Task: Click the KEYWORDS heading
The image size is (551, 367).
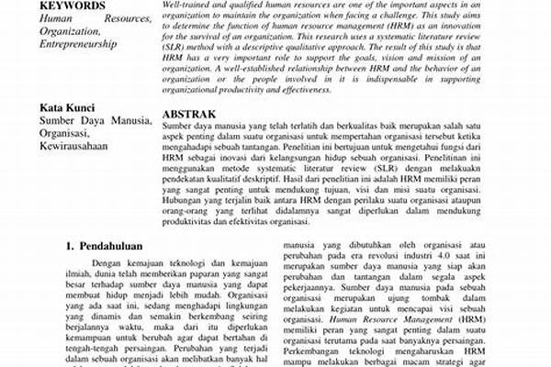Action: [67, 5]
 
